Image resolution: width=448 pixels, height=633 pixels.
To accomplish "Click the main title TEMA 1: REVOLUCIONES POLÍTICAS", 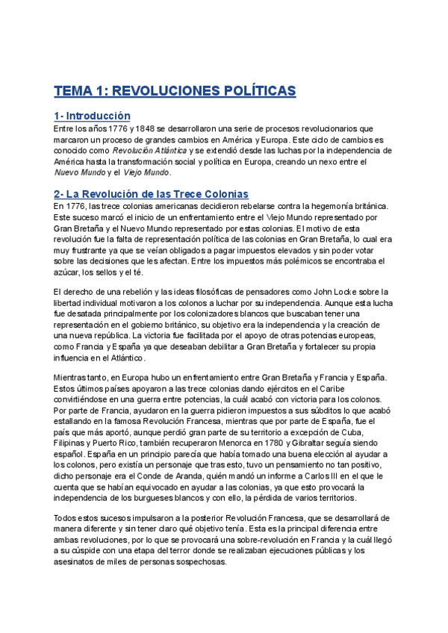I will (175, 91).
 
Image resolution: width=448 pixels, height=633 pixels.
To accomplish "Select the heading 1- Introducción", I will (92, 116).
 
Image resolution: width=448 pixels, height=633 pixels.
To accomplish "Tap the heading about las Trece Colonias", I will (151, 194).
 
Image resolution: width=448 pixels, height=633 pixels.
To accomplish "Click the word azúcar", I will (66, 273).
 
